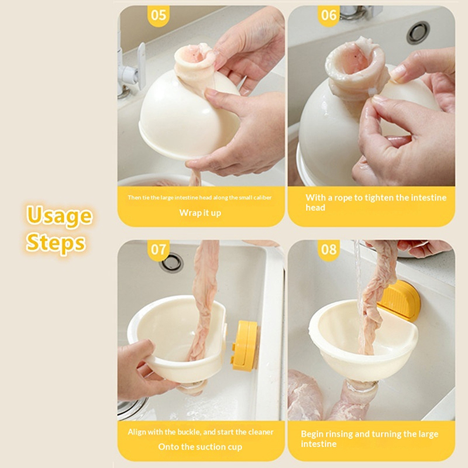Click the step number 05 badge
(159, 16)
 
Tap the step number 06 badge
(329, 16)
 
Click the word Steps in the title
(56, 242)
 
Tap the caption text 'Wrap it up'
(200, 213)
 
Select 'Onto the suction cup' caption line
(200, 447)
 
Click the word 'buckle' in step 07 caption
(189, 432)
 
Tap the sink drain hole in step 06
(419, 33)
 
